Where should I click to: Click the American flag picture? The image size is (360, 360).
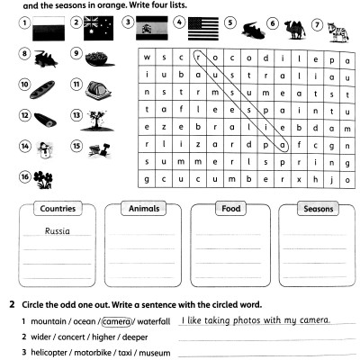204,25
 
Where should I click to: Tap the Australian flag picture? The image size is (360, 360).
97,25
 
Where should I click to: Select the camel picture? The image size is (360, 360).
293,25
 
